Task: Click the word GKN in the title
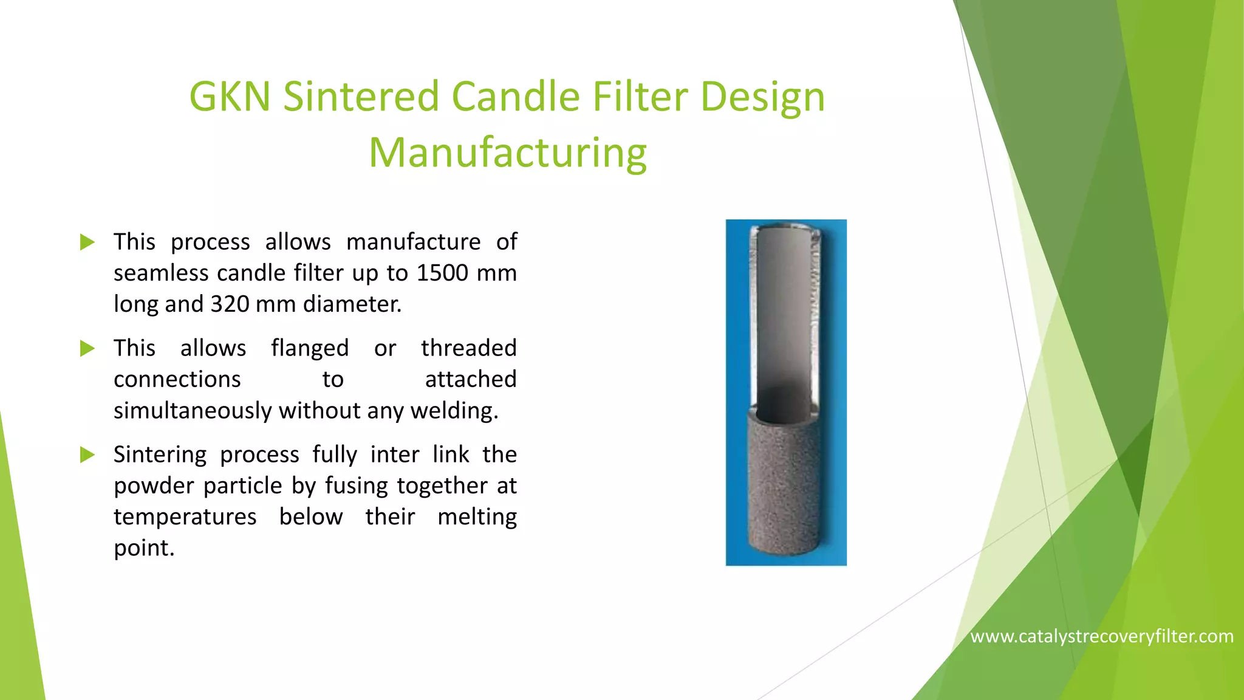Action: click(230, 97)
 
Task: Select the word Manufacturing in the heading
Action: click(508, 153)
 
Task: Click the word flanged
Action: click(310, 349)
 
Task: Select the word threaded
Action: click(468, 348)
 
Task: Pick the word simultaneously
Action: click(193, 411)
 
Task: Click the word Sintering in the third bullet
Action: click(160, 455)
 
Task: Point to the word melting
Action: click(477, 517)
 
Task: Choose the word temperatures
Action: click(185, 517)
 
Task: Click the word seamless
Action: click(160, 273)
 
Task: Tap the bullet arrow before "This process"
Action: click(87, 242)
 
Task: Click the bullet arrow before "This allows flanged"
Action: click(87, 349)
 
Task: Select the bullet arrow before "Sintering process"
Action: click(87, 455)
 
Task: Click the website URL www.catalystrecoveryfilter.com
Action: click(1102, 636)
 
